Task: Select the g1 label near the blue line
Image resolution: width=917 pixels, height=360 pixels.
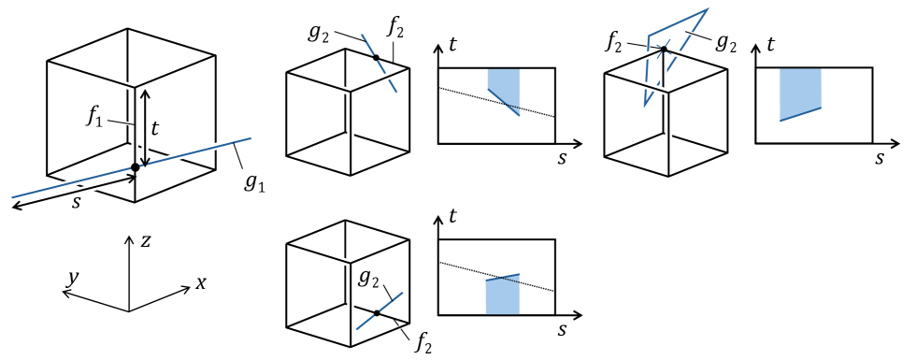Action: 254,182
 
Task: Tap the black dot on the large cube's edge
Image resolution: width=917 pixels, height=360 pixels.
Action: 136,167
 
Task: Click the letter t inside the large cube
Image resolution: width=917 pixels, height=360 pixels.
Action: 154,127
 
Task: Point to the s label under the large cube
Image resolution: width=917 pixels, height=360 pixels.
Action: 76,203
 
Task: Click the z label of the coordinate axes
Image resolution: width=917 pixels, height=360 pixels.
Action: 145,240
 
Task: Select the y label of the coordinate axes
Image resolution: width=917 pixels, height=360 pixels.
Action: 69,279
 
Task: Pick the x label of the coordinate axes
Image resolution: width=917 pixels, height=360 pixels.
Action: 200,282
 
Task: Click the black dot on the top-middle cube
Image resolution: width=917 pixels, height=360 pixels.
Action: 377,58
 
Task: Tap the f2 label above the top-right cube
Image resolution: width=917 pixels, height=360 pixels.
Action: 614,39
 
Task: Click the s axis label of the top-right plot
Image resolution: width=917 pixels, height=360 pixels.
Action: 880,158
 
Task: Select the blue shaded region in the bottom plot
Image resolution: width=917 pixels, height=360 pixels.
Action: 502,296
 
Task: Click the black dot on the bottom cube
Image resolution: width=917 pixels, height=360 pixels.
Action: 377,312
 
